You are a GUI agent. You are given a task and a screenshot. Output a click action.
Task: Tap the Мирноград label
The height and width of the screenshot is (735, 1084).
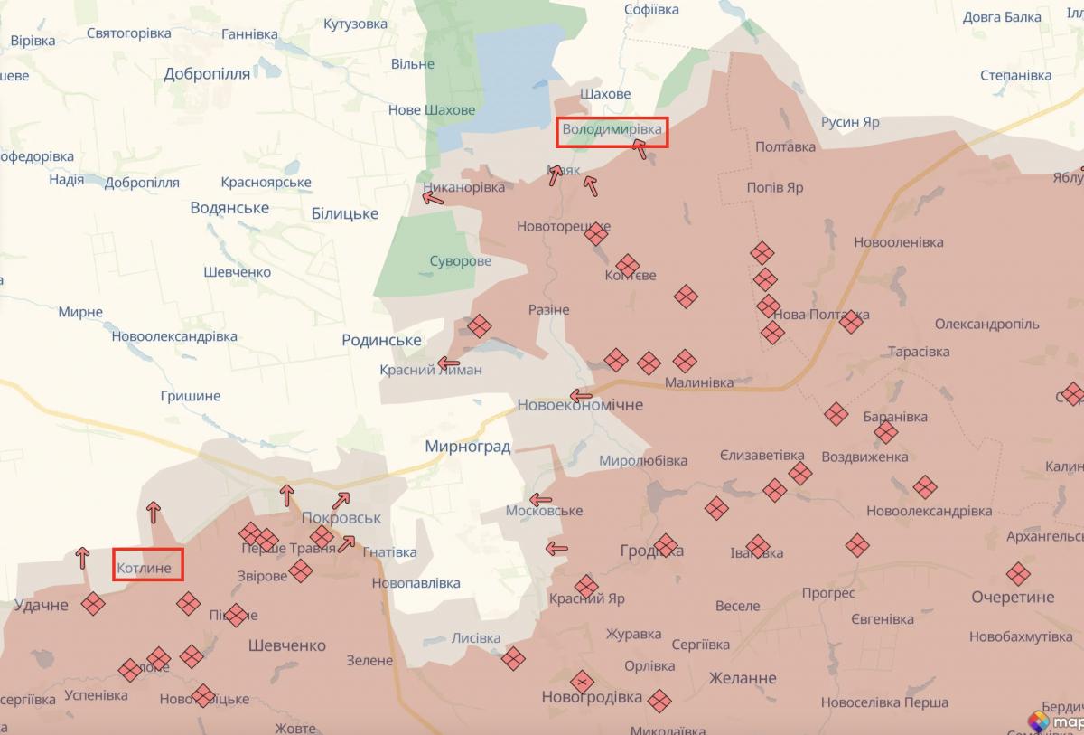[x=468, y=446]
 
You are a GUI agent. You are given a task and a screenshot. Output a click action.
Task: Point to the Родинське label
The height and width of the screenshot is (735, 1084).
[x=381, y=340]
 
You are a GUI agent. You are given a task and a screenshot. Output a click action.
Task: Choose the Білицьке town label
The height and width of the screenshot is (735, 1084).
[x=344, y=213]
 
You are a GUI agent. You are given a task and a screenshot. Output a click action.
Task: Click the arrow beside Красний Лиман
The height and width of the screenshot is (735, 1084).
[x=448, y=364]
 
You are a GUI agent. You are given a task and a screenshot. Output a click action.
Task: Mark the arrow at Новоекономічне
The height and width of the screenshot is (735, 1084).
[x=580, y=396]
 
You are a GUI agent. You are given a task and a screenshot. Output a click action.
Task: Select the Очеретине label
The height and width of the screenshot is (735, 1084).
[x=1013, y=598]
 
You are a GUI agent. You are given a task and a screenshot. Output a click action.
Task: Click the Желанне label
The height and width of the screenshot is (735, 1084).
[x=743, y=678]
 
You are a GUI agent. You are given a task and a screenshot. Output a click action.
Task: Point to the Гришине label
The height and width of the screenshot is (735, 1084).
[x=190, y=396]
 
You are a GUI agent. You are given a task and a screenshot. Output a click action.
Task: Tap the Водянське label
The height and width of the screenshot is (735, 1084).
[x=229, y=208]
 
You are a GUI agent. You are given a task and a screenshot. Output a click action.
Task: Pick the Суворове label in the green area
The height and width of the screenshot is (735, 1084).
[x=461, y=261]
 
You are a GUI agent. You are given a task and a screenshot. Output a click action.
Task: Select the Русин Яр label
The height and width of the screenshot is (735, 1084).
[x=850, y=122]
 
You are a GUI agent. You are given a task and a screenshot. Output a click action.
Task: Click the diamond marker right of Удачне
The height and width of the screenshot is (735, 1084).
[x=93, y=604]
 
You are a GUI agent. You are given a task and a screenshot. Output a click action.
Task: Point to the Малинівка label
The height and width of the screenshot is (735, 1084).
[x=699, y=382]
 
